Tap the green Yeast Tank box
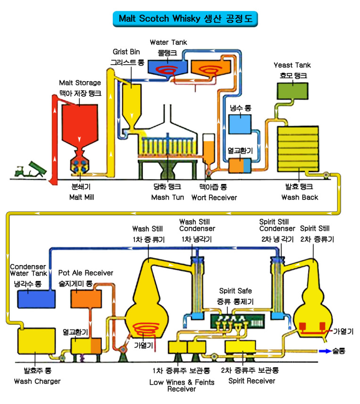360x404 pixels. [293, 91]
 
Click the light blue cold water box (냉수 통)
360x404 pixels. [240, 125]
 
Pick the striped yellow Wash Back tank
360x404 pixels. [298, 149]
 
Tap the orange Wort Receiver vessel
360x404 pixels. [209, 151]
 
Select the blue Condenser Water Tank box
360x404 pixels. [36, 299]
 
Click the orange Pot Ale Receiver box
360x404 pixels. [86, 299]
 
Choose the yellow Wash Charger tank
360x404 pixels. [36, 341]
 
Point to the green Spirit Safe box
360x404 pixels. [237, 321]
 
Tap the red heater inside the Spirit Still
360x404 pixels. [312, 329]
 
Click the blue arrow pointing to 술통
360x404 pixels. [325, 351]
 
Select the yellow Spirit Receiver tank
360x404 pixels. [240, 347]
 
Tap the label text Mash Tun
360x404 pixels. [167, 197]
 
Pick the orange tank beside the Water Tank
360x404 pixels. [210, 68]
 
